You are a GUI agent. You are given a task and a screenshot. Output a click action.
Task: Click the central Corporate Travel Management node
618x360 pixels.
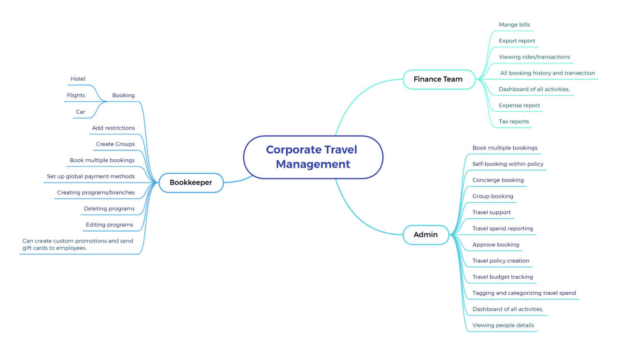313,157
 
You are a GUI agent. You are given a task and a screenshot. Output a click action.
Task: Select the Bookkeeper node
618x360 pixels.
191,183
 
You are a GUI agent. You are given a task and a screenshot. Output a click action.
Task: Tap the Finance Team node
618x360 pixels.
438,79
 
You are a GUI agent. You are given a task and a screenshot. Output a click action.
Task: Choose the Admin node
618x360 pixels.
425,235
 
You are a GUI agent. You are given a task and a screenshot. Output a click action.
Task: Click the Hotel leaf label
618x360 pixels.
78,79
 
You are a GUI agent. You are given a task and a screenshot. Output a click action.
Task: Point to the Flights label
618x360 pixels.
76,95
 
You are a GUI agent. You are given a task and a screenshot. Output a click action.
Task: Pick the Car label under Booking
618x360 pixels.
80,112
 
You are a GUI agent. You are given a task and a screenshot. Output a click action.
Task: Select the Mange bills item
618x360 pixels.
514,25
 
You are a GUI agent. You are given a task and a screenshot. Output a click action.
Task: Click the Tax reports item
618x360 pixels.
514,121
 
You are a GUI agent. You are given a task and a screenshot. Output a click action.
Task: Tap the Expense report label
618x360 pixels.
519,105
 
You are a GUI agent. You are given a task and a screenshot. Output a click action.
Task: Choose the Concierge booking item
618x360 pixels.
498,180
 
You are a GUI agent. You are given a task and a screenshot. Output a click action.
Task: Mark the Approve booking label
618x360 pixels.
496,245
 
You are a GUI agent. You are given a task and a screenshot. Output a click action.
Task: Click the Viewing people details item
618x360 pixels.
503,325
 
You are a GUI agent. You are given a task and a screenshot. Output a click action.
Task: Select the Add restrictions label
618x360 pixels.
113,128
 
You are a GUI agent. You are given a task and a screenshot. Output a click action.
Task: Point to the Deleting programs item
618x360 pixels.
109,209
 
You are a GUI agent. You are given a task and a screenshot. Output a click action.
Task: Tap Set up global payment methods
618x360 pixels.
91,177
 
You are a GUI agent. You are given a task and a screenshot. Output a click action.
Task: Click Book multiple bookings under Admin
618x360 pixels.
505,148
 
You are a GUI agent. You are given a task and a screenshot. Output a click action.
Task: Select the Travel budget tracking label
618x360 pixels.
503,277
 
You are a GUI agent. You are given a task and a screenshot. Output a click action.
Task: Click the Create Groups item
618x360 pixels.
115,144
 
